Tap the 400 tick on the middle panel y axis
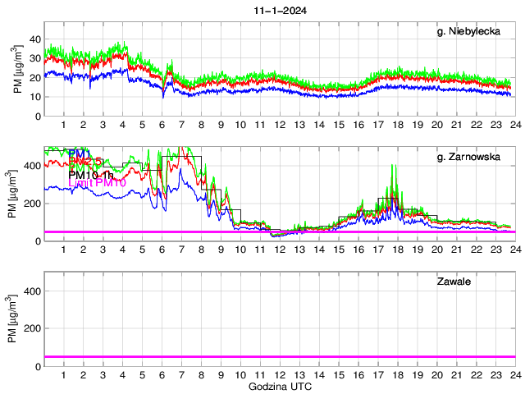coord(32,166)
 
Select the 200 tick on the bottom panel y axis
coord(32,328)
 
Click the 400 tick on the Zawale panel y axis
coord(32,291)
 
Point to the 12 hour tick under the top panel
coord(280,125)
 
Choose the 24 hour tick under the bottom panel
coord(514,375)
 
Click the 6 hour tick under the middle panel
coord(162,250)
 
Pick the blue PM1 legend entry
coord(80,153)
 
